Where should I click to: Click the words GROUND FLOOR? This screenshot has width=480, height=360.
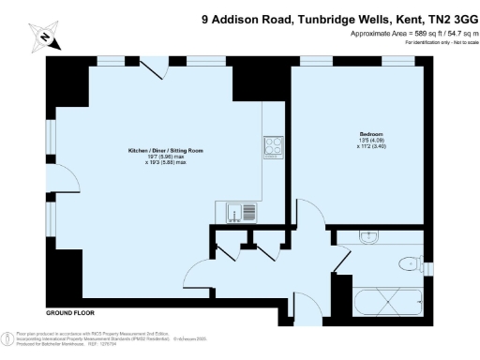click(x=70, y=311)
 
